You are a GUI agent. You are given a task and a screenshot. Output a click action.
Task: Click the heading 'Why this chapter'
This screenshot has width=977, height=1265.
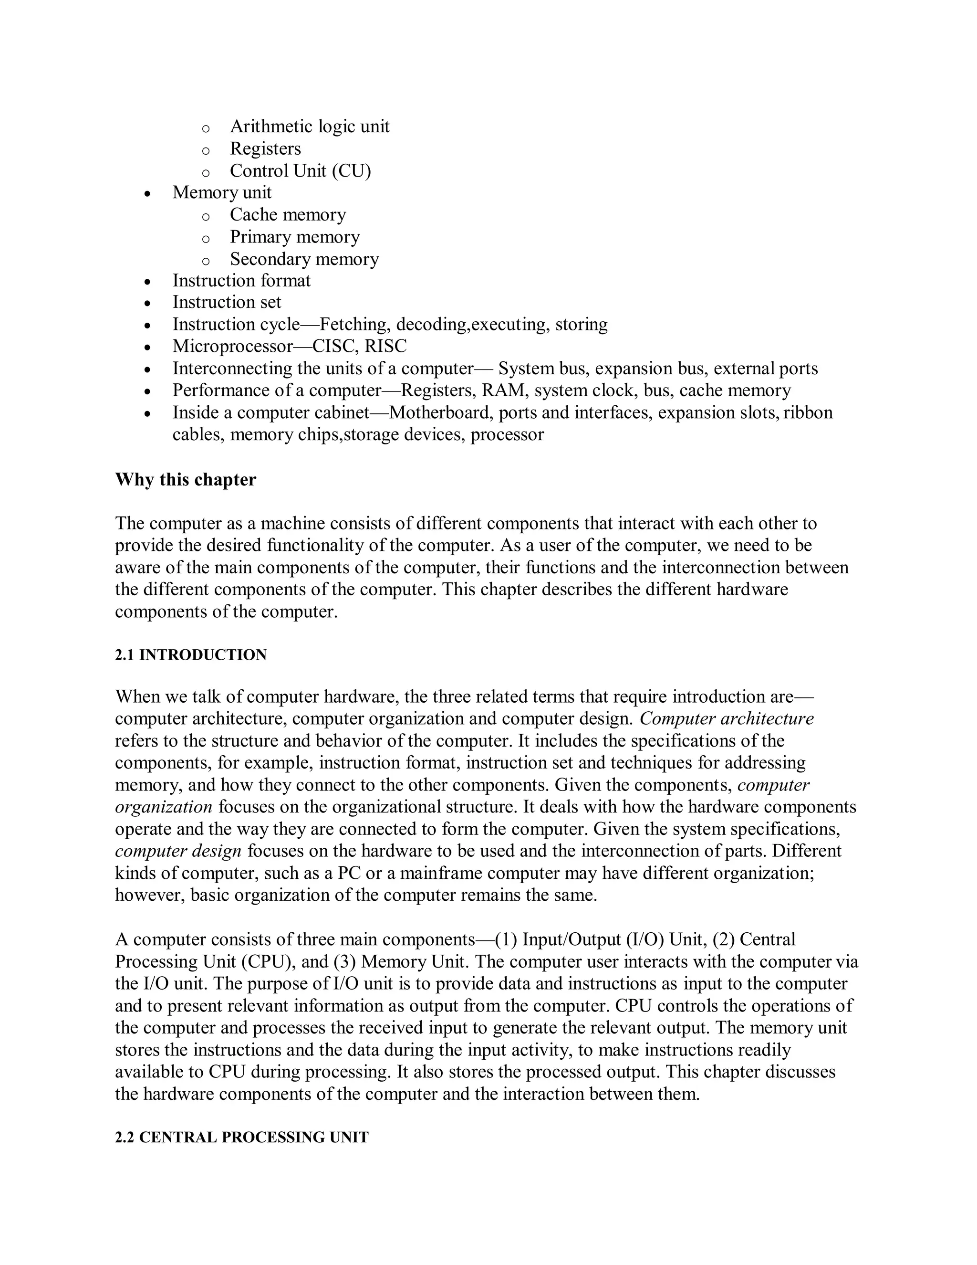click(185, 480)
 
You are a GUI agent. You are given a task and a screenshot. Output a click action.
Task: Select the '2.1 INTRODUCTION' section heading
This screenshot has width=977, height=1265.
click(190, 655)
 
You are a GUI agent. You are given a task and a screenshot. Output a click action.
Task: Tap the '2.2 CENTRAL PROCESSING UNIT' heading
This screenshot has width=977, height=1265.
click(241, 1138)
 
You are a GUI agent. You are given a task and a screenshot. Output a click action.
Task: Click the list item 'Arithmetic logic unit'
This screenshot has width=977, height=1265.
click(310, 126)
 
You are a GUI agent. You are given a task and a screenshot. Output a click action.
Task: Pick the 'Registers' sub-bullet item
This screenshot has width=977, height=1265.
click(265, 148)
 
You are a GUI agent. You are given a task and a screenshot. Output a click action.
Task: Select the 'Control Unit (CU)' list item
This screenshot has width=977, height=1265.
click(301, 171)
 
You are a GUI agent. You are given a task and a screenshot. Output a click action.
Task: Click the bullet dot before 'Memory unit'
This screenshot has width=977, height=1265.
click(148, 193)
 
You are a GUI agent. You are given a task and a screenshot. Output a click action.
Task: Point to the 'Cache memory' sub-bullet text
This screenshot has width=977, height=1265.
click(288, 215)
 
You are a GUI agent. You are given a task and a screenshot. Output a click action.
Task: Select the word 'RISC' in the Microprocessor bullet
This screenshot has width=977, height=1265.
click(385, 347)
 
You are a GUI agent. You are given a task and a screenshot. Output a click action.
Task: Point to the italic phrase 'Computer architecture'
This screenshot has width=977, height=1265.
click(727, 719)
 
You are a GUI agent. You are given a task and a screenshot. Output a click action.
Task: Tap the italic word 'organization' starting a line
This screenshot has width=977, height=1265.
click(164, 807)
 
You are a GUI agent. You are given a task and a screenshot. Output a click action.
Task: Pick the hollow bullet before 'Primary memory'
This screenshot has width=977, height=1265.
click(206, 238)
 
